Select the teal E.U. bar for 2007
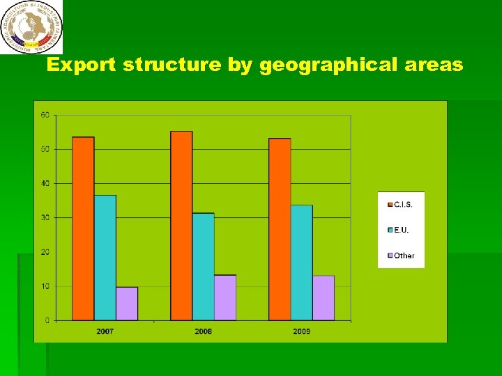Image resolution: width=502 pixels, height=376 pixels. pos(105,258)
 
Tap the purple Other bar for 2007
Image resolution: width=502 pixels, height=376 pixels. pos(127,304)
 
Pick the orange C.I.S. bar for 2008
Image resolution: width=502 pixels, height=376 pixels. pos(181,226)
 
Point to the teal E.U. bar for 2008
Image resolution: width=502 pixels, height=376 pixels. pos(203,267)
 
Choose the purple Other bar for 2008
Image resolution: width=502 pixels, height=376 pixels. pos(225,297)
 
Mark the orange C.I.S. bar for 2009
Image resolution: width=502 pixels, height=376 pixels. pos(280,229)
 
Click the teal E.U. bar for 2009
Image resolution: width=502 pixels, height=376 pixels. pos(301,263)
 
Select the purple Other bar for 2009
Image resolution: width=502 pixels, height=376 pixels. pos(324,298)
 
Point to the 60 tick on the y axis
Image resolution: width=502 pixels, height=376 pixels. pos(45,115)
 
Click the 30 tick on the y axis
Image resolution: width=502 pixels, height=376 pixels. pos(45,218)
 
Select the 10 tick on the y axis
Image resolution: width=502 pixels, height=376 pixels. pos(45,286)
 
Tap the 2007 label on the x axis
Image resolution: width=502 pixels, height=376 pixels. pos(105,331)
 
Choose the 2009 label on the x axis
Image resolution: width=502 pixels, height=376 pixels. pos(301,331)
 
